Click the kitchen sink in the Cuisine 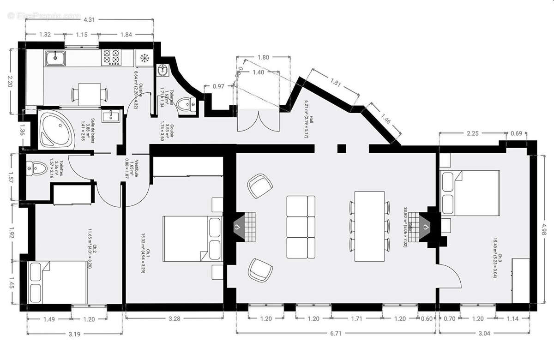point(55,58)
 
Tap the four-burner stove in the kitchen point(112,58)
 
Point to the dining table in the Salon point(369,226)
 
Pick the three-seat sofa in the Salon point(301,227)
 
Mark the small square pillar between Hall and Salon point(341,148)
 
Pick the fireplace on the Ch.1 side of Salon point(243,227)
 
